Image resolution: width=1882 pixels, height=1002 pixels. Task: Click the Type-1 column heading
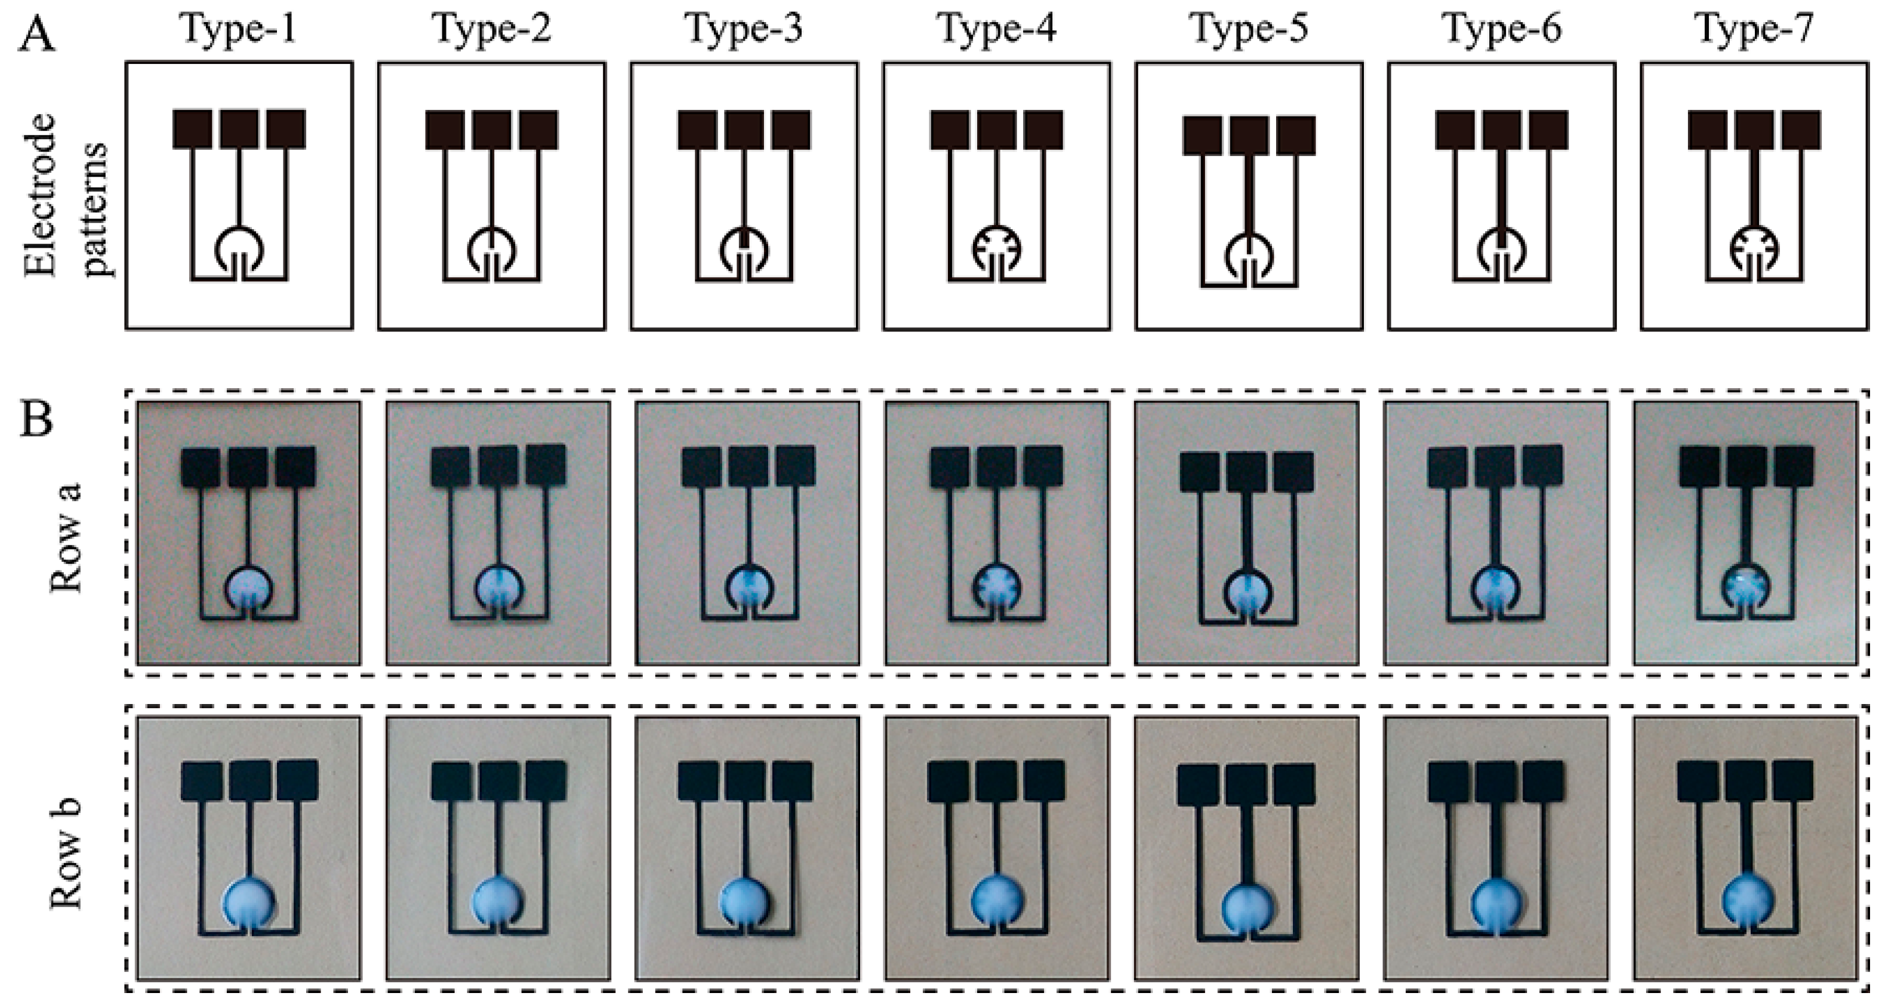pyautogui.click(x=239, y=29)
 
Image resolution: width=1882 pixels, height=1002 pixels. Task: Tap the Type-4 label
pyautogui.click(x=997, y=29)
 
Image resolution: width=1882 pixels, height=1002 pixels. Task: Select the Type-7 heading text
pyautogui.click(x=1754, y=29)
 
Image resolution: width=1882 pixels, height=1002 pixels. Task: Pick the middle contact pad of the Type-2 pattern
pyautogui.click(x=492, y=130)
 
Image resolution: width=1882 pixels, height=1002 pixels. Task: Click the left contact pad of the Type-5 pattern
pyautogui.click(x=1202, y=135)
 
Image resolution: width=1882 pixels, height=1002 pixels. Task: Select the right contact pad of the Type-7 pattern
pyautogui.click(x=1801, y=130)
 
